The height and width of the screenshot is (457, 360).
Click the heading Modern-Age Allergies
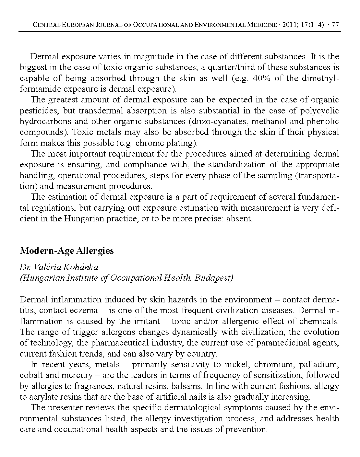67,251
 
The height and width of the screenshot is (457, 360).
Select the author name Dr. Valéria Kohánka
59,267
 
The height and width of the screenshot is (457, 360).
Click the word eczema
84,311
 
